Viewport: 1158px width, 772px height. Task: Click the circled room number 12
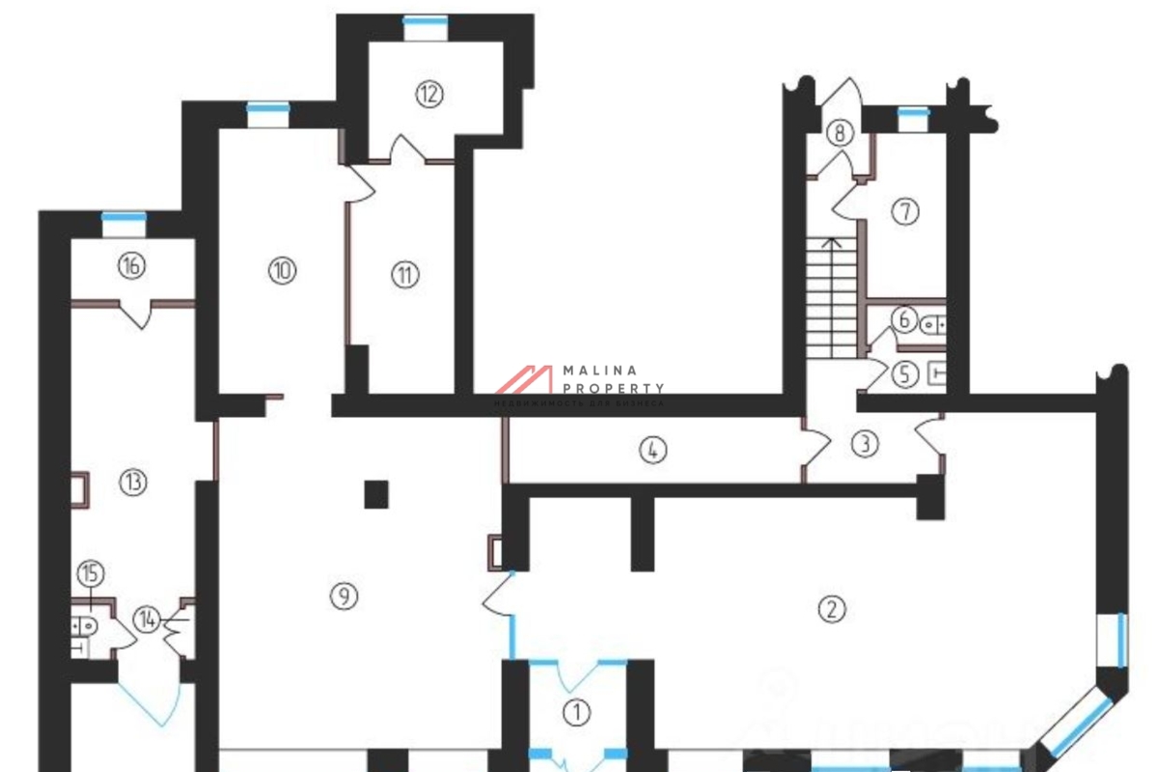429,94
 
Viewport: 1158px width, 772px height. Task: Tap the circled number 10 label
282,270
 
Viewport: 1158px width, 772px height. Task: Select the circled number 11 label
405,275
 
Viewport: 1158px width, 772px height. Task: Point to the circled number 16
132,265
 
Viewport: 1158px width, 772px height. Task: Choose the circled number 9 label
343,597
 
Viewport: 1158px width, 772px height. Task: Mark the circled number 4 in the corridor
653,450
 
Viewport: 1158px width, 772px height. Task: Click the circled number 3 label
866,444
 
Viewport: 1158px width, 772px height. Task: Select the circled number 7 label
904,211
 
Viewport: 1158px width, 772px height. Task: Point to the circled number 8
841,133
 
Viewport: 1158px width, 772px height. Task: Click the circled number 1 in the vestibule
576,713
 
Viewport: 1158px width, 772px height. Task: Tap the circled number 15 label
91,574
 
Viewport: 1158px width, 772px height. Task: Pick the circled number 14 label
148,617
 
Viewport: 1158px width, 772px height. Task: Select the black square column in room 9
376,494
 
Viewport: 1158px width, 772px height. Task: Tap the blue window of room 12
425,21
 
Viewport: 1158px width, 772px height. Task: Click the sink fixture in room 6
933,324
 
